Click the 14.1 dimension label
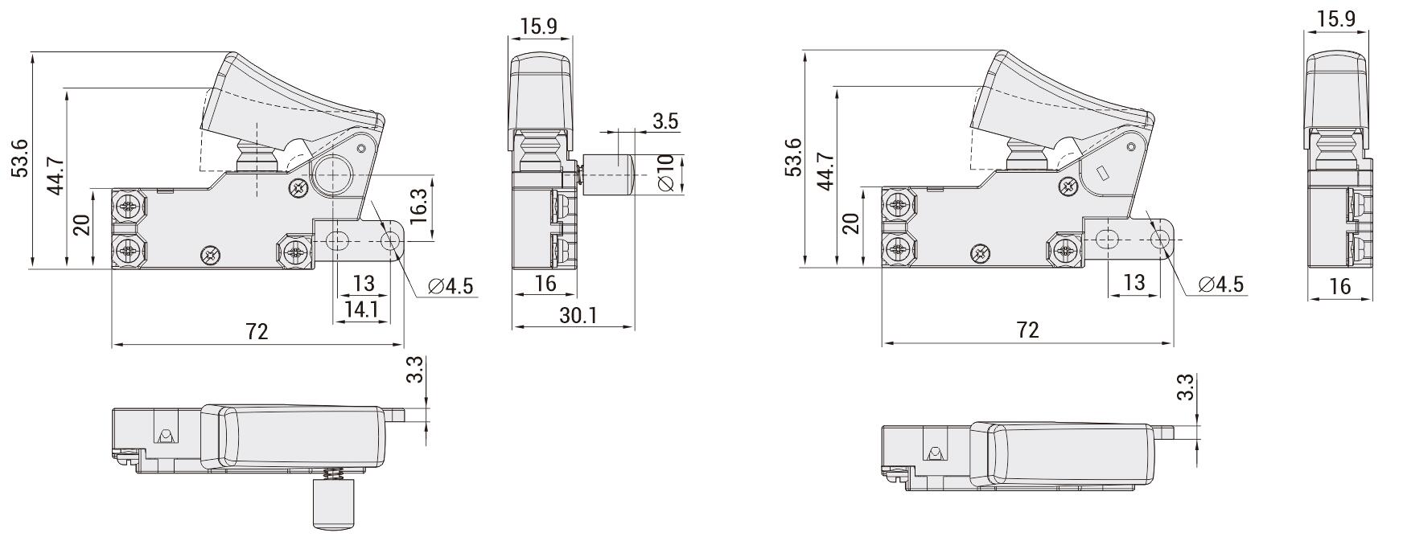pos(362,309)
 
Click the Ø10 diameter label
pos(665,174)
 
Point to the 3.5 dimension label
pos(665,121)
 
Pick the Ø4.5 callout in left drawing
pos(451,286)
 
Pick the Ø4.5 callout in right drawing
pos(1220,284)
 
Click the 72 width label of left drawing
pos(257,331)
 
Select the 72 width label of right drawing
pos(1028,330)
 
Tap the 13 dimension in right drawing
pos(1134,282)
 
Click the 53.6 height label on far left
pos(20,158)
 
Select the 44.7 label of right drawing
pos(825,170)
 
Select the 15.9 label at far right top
pos(1337,18)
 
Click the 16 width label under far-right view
pos(1339,285)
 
